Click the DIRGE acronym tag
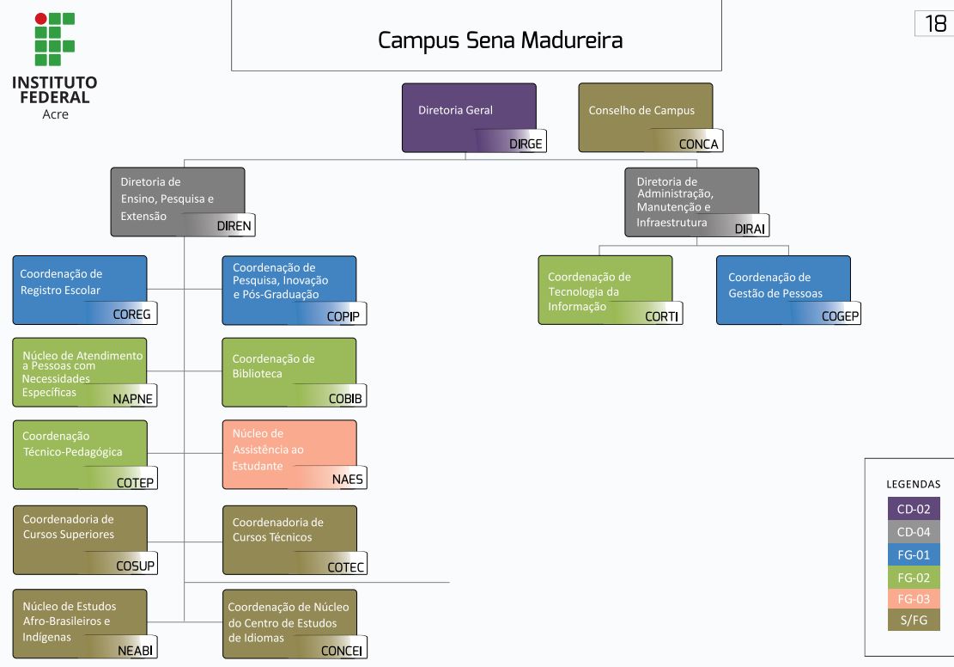click(x=526, y=144)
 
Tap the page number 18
click(x=934, y=24)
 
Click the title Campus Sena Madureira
click(x=501, y=40)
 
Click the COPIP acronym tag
click(x=343, y=316)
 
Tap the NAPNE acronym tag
click(x=133, y=398)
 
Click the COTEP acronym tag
click(x=135, y=482)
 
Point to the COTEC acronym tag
click(x=346, y=566)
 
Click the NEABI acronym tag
click(x=136, y=651)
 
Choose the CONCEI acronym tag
click(x=343, y=651)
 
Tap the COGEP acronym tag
click(x=840, y=316)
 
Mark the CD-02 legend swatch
click(x=914, y=509)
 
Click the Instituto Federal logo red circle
click(x=40, y=18)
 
